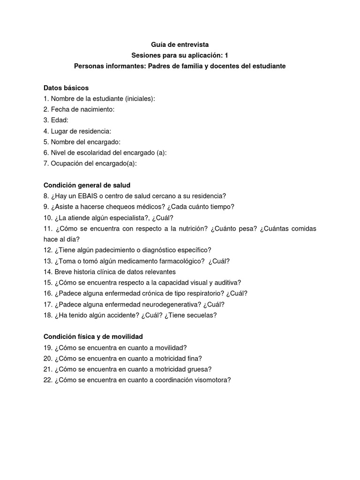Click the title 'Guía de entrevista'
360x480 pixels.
(180, 45)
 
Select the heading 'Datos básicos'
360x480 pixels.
(66, 88)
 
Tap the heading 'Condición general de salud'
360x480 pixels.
(87, 185)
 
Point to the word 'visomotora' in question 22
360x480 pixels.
(214, 380)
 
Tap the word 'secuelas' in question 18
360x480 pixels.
(201, 315)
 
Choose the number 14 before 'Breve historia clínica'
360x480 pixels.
(47, 272)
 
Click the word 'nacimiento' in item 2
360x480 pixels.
(96, 109)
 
